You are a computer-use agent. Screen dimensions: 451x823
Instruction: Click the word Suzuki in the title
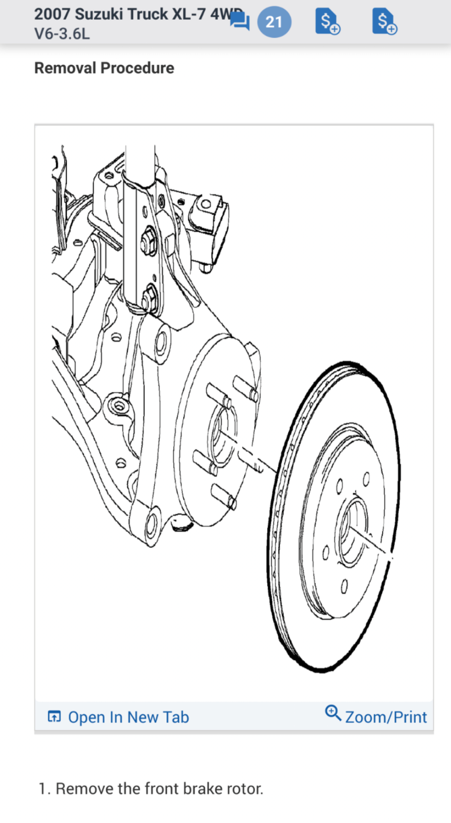(101, 14)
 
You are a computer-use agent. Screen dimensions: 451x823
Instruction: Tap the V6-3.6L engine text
(62, 34)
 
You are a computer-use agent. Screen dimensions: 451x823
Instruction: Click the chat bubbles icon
(240, 21)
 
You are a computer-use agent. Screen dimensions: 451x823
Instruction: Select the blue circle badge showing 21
(274, 22)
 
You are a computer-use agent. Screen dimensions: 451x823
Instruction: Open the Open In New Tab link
(128, 717)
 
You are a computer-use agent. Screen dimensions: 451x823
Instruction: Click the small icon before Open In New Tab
(54, 716)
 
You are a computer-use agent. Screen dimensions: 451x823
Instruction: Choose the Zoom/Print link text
(386, 717)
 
